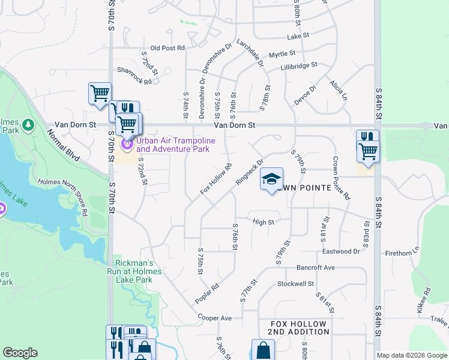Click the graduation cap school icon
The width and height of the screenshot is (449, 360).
pyautogui.click(x=271, y=179)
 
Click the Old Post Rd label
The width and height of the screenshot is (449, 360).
pyautogui.click(x=167, y=48)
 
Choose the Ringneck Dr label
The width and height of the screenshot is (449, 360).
pyautogui.click(x=250, y=172)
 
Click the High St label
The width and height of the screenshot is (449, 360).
pyautogui.click(x=264, y=222)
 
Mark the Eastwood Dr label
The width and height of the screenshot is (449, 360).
pyautogui.click(x=341, y=251)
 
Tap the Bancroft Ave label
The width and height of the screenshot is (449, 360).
pyautogui.click(x=315, y=267)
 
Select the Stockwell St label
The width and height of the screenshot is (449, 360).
pyautogui.click(x=296, y=283)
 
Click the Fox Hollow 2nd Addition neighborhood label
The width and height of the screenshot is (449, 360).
pyautogui.click(x=298, y=328)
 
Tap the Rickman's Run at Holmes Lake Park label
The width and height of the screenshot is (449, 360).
pyautogui.click(x=135, y=271)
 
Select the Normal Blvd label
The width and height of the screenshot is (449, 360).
pyautogui.click(x=65, y=147)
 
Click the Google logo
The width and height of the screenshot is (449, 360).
pyautogui.click(x=20, y=353)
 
